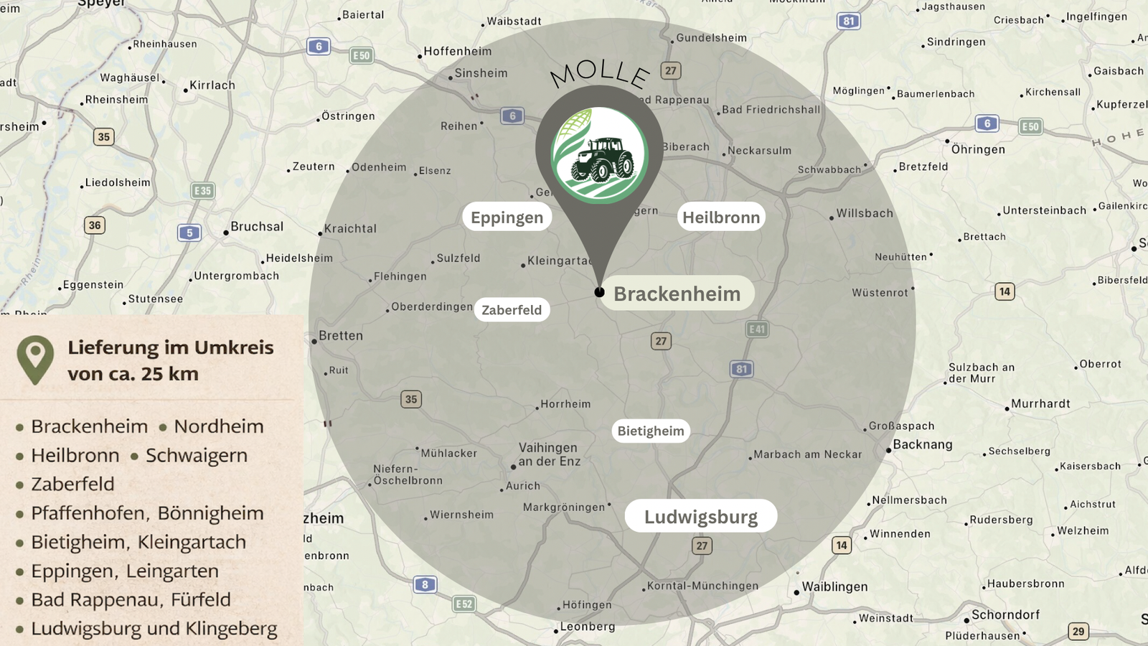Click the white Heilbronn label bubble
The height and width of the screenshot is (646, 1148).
(x=721, y=217)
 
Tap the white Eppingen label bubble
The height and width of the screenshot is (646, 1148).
(x=507, y=217)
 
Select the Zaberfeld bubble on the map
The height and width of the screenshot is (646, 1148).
(x=512, y=310)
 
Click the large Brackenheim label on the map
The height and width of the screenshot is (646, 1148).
(x=677, y=294)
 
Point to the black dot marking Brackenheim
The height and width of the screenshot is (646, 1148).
(x=599, y=292)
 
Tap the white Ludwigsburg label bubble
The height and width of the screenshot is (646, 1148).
(x=700, y=517)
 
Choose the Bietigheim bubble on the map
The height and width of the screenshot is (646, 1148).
(x=651, y=431)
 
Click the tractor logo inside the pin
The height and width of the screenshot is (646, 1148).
(x=600, y=156)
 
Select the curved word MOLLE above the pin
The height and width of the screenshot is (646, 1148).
(x=600, y=72)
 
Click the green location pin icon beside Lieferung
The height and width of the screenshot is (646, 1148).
(x=35, y=358)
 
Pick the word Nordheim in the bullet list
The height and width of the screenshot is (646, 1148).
(x=219, y=426)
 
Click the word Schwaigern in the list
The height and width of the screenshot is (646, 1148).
(x=197, y=456)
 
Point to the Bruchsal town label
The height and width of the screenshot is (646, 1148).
(x=257, y=227)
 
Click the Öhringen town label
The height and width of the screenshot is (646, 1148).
(x=978, y=149)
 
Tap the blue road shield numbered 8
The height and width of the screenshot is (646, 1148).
(x=425, y=584)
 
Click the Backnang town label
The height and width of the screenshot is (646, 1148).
(x=923, y=444)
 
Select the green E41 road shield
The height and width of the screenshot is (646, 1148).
(x=757, y=329)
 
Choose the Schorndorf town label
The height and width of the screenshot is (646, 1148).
(x=1005, y=615)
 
